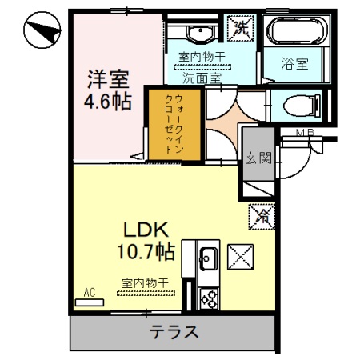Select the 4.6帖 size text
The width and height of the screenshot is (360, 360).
point(107,102)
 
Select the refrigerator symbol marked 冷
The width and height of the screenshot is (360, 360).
point(261,214)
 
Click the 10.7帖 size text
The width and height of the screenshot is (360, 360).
point(144,253)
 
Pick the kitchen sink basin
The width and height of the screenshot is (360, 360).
point(209,259)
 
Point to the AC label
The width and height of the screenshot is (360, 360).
point(92,294)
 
